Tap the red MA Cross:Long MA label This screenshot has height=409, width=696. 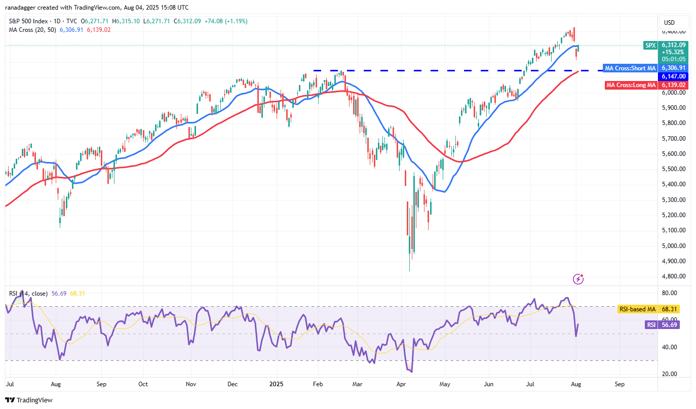point(631,85)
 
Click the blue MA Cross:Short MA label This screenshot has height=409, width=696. point(630,68)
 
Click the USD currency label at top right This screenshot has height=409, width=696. point(669,23)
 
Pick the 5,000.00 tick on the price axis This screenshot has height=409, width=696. point(674,246)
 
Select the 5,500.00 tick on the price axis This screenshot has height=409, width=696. point(674,169)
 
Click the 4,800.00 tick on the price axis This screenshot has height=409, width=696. point(674,276)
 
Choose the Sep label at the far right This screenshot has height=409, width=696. point(620,384)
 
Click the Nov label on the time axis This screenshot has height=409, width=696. point(191,384)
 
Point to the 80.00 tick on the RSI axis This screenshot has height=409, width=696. point(670,293)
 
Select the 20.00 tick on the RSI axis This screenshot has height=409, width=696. point(670,374)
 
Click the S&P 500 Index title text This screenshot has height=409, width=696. point(29,21)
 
